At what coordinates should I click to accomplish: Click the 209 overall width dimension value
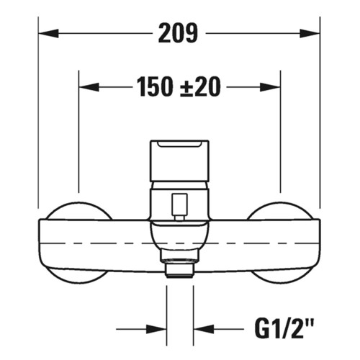pos(179,32)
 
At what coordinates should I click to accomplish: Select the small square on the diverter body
pos(179,203)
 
